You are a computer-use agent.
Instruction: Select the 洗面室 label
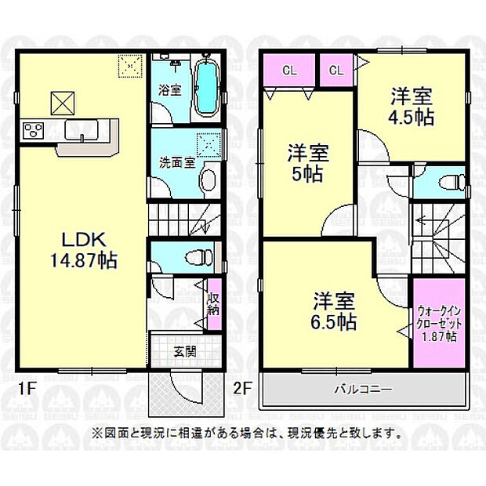[177, 163]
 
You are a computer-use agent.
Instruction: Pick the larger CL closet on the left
[289, 70]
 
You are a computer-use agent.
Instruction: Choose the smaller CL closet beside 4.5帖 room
[335, 70]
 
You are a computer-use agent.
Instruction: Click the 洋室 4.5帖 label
[412, 107]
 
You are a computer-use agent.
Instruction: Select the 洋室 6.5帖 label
[335, 310]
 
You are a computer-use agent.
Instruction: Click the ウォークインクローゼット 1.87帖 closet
[437, 322]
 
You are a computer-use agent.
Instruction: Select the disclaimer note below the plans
[248, 433]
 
